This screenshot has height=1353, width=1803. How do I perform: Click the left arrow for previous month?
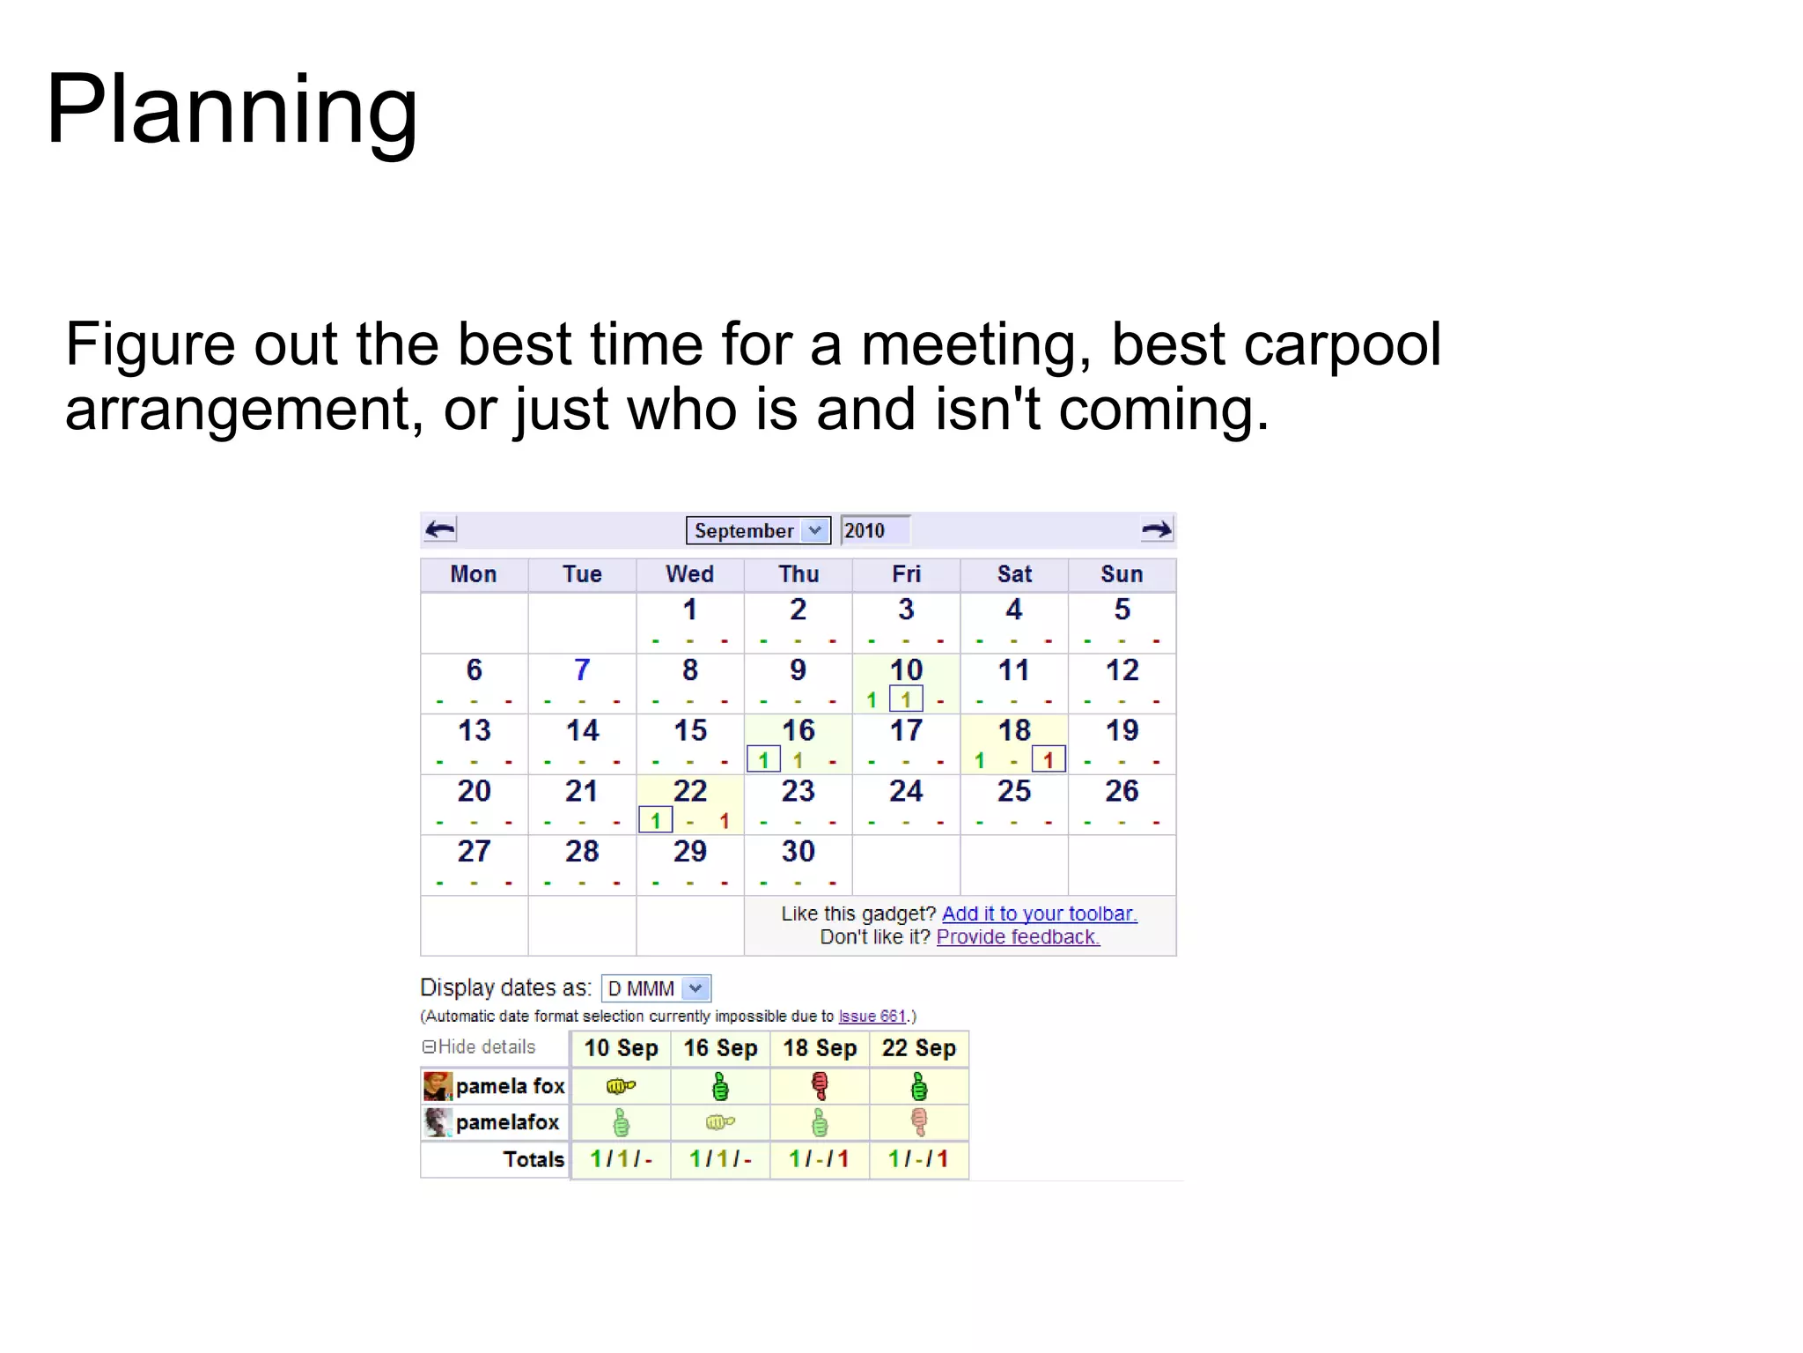pos(440,529)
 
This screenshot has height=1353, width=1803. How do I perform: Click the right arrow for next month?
pos(1156,529)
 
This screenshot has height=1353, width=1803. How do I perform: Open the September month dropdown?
pos(757,530)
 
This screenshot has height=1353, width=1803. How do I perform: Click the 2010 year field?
pos(873,530)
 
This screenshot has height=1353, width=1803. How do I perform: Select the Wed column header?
pos(689,574)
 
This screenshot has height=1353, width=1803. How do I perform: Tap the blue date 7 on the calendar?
pos(581,670)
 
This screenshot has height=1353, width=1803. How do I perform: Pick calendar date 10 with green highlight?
pos(906,670)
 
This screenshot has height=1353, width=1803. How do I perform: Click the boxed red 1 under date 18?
pos(1048,759)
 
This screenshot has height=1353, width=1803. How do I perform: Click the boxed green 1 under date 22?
pos(655,820)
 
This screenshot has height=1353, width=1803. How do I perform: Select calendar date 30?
pos(798,851)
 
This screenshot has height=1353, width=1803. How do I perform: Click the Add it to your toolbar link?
pos(1039,913)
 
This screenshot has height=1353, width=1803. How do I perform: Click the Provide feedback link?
pos(1018,937)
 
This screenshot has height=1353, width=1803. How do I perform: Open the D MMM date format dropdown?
pos(656,988)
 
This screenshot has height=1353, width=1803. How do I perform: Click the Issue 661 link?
pos(872,1017)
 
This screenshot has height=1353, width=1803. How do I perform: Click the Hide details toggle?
pos(479,1046)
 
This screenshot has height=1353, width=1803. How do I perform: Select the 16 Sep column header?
pos(720,1048)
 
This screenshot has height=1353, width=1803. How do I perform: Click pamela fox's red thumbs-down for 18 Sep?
pos(820,1086)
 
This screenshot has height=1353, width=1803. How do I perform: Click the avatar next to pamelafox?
pos(438,1122)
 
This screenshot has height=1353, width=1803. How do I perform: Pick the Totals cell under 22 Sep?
pos(918,1159)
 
